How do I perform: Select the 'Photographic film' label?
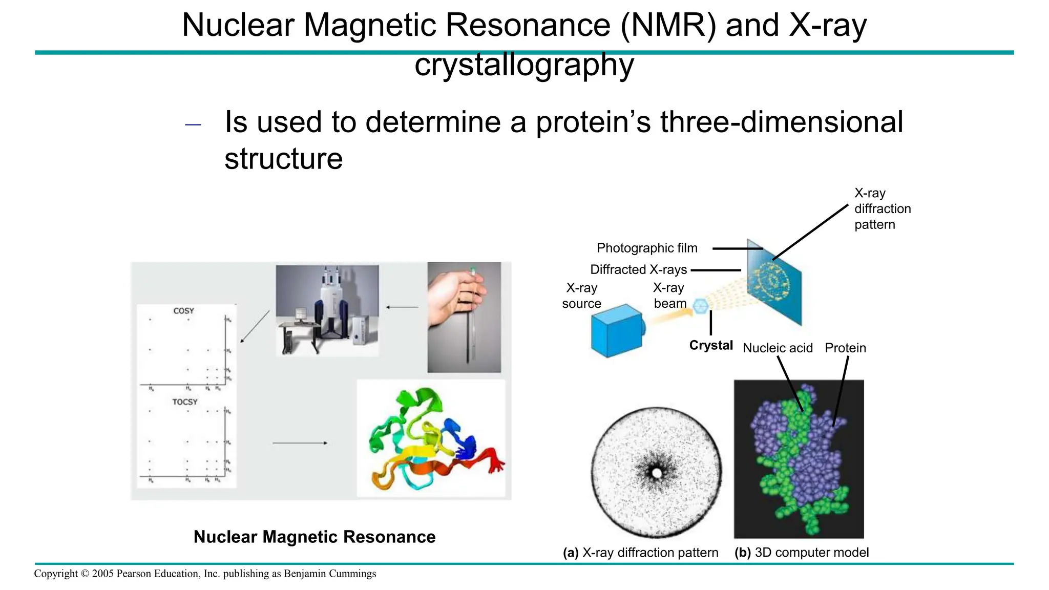(647, 248)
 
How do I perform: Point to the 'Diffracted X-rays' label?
(638, 270)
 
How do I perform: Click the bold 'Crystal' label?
(711, 346)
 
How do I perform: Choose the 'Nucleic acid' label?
(778, 348)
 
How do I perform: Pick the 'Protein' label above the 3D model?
(845, 348)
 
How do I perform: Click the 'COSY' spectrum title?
(183, 311)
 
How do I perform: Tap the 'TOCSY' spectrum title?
(184, 402)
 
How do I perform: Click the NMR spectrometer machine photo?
(327, 310)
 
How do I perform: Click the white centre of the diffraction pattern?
(657, 473)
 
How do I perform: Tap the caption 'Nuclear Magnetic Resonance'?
(314, 537)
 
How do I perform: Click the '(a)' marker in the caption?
(571, 553)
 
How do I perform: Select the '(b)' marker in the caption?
(742, 553)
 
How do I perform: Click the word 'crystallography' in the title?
(524, 65)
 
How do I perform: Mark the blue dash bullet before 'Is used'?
(193, 124)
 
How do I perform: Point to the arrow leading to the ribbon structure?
(300, 443)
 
